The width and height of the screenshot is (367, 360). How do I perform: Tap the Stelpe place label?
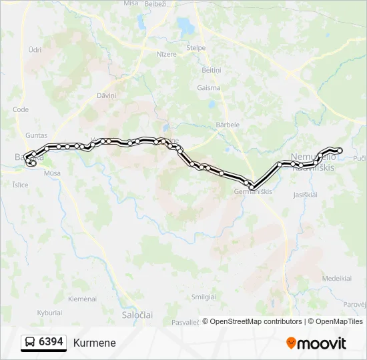click(196, 48)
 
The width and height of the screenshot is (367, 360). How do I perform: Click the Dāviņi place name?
click(106, 95)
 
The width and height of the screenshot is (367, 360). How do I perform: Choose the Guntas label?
click(35, 135)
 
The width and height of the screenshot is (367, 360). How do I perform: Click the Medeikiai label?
click(336, 278)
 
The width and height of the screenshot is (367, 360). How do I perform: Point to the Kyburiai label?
click(49, 312)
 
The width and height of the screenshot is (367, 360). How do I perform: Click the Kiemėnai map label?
click(83, 298)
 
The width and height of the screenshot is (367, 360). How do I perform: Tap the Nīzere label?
click(166, 55)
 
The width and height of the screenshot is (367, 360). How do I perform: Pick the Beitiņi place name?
click(211, 70)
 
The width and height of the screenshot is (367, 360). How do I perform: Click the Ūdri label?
click(35, 49)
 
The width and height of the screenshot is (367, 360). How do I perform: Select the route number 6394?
click(51, 342)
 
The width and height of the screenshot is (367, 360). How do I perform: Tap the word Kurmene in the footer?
click(95, 343)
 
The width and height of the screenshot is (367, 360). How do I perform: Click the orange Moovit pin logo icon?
click(291, 343)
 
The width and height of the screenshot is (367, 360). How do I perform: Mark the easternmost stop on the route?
click(340, 150)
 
